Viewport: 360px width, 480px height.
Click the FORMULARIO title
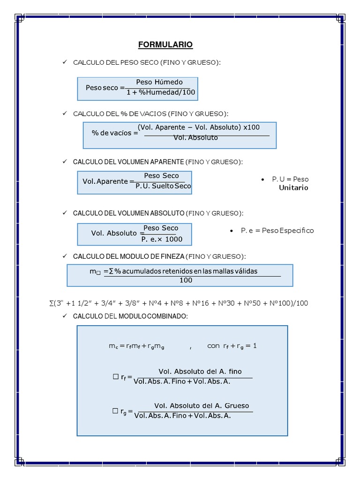pos(165,45)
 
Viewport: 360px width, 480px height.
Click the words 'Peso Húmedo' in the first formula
pos(159,82)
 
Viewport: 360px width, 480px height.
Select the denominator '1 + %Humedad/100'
pos(161,92)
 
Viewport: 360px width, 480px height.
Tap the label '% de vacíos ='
pos(115,133)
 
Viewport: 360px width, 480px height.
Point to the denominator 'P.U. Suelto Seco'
pos(163,186)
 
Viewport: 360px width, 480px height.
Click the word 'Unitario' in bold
pos(293,187)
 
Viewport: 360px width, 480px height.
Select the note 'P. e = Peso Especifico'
pos(277,231)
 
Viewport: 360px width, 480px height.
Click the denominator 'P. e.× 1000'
pos(162,239)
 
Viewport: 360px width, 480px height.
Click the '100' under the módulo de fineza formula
pos(186,280)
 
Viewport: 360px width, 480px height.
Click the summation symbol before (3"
pos(51,303)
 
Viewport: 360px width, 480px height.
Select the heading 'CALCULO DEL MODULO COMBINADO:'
pos(130,317)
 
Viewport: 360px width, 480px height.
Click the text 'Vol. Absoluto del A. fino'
pos(200,371)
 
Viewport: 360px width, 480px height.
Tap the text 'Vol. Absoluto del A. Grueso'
pos(202,405)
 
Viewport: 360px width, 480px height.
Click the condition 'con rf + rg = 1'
pos(232,346)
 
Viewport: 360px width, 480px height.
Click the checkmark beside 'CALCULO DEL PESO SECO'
pos(65,62)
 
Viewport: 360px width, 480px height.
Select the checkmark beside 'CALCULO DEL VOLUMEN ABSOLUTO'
pos(65,213)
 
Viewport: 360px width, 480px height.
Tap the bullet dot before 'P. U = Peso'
pos(262,180)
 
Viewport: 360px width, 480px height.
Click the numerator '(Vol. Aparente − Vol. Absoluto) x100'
pos(199,127)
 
